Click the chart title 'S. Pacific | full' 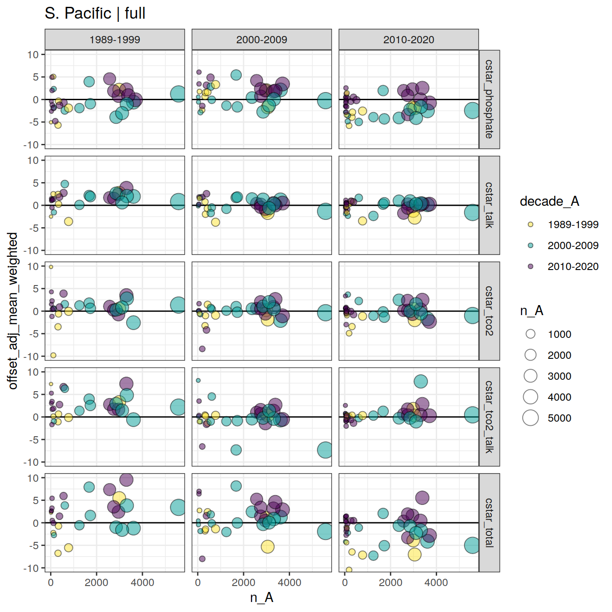95,13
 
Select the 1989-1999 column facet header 115,40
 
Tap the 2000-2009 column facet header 261,40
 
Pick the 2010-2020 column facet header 408,40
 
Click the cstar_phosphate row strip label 489,99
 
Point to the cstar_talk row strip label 489,205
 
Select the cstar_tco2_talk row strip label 489,417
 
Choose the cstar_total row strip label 489,522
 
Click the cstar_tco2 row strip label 489,311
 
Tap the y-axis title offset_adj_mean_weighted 13,311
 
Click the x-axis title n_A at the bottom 261,597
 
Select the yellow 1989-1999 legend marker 530,224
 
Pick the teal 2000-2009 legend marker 530,245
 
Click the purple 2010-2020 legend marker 530,266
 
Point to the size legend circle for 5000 530,418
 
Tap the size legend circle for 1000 530,334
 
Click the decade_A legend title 549,201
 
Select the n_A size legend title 531,311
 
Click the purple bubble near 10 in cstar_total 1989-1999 126,479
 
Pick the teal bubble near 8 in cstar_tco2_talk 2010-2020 421,381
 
